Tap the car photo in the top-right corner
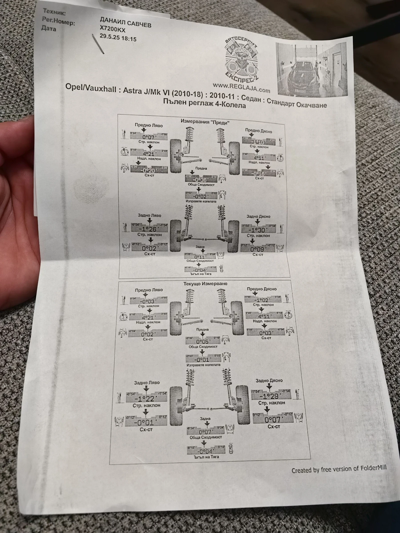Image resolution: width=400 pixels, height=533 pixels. (x=311, y=69)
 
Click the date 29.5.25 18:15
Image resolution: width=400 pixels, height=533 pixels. (x=118, y=37)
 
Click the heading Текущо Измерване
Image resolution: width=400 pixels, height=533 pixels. (x=205, y=284)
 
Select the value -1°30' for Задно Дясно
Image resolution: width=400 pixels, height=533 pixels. (x=258, y=230)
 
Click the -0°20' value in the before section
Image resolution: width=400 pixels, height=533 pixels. (x=148, y=170)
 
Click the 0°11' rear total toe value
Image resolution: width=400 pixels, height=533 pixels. (x=199, y=257)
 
